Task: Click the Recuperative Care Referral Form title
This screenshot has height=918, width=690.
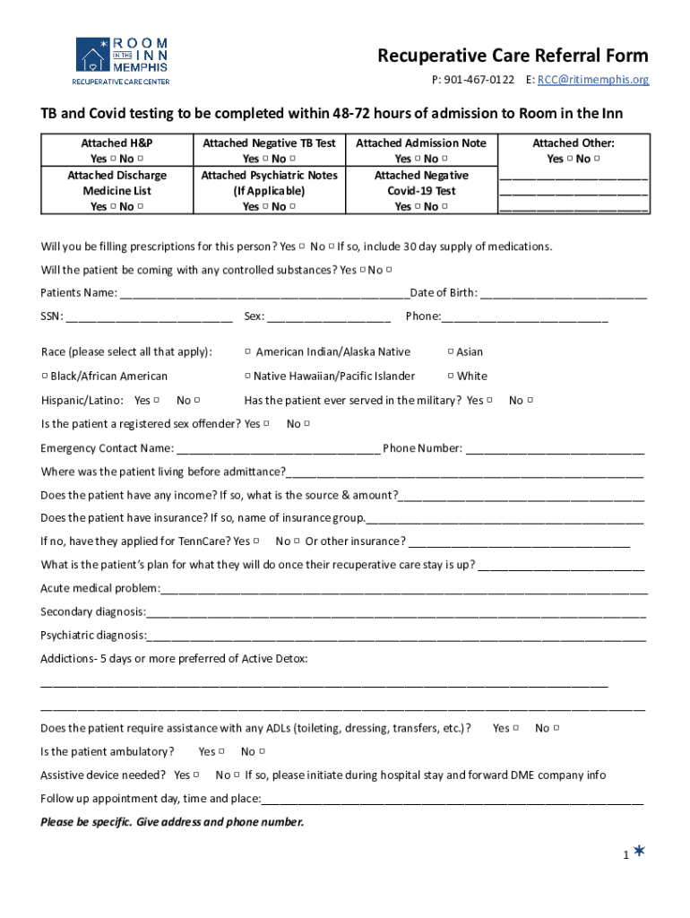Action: [x=513, y=56]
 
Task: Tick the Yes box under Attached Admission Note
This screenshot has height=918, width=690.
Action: [x=418, y=159]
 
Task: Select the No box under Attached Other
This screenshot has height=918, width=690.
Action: [x=597, y=159]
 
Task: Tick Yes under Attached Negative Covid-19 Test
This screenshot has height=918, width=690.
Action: [x=418, y=207]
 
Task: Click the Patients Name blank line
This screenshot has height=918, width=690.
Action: [x=264, y=294]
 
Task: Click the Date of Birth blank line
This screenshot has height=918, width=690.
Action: [x=564, y=294]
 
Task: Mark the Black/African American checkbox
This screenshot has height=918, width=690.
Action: [x=45, y=377]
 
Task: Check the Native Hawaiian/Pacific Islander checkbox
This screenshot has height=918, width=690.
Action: [x=247, y=377]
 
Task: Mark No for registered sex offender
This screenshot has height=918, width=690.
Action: [x=307, y=424]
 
